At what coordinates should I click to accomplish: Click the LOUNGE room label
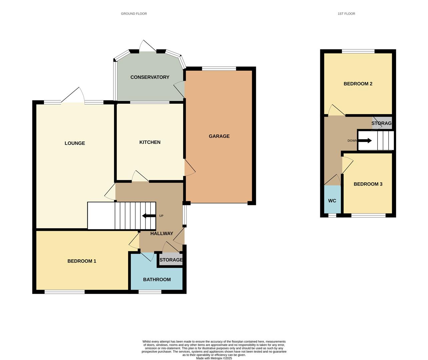point(75,143)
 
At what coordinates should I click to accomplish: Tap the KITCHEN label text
point(150,142)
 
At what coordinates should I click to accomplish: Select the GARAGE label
point(219,136)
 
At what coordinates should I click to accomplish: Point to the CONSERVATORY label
point(150,77)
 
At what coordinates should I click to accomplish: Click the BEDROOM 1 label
point(82,261)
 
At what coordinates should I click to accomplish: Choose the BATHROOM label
point(157,280)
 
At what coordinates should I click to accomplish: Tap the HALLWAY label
point(161,234)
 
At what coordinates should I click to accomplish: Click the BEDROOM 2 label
point(358,84)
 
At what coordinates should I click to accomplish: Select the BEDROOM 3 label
point(368,184)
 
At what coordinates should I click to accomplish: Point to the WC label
point(332,201)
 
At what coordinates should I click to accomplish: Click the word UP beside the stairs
point(161,216)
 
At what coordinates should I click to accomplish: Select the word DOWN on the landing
point(352,141)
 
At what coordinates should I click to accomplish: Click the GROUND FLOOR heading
point(134,14)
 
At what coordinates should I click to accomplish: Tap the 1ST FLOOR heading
point(346,14)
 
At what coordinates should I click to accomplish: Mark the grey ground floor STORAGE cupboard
point(171,260)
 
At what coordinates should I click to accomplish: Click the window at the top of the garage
point(219,69)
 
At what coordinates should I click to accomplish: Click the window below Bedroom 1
point(64,292)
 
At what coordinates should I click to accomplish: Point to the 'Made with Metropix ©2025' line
point(214,358)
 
